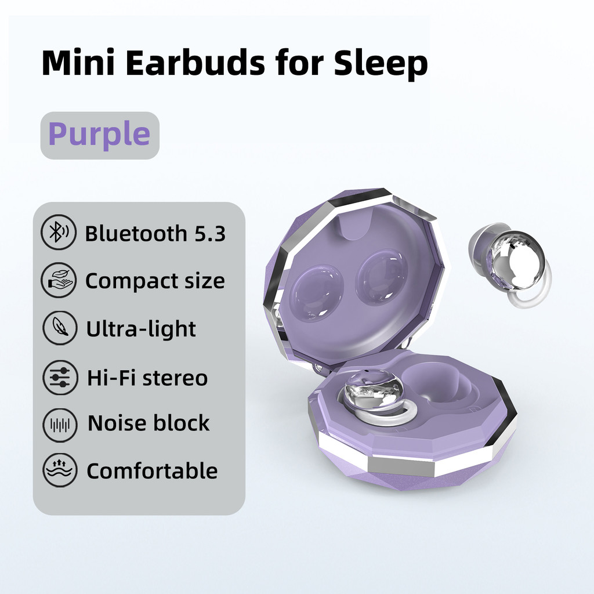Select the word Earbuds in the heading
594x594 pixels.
coord(195,63)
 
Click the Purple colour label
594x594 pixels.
coord(99,135)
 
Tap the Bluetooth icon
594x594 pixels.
coord(59,232)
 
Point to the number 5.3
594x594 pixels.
coord(210,233)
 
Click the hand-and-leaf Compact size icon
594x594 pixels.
coord(59,280)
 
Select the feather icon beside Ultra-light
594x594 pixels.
coord(60,328)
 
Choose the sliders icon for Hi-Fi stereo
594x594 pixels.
coord(60,377)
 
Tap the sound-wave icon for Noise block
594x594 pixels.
coord(60,425)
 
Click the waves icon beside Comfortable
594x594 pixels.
coord(60,470)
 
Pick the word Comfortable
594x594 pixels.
coord(153,471)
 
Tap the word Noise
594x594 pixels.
coord(114,423)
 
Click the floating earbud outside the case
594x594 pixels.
coord(509,264)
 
